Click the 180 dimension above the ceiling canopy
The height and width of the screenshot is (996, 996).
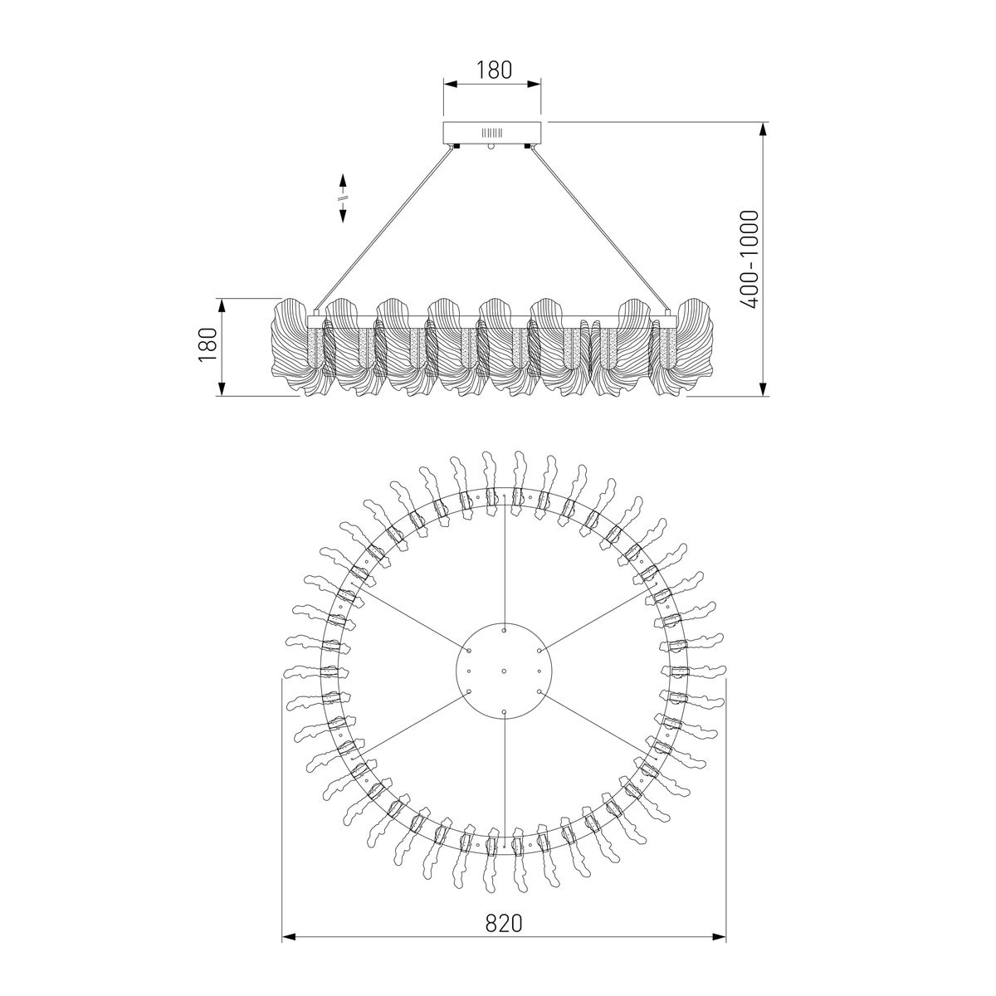tap(493, 70)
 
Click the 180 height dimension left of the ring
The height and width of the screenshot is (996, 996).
tap(207, 345)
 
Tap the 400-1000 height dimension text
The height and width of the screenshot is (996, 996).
tap(749, 259)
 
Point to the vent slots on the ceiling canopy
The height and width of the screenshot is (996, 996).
tap(491, 132)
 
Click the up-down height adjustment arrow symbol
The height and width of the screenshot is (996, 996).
tap(342, 198)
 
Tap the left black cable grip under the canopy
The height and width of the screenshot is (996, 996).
tap(456, 147)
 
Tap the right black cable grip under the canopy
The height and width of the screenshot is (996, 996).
tap(528, 147)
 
